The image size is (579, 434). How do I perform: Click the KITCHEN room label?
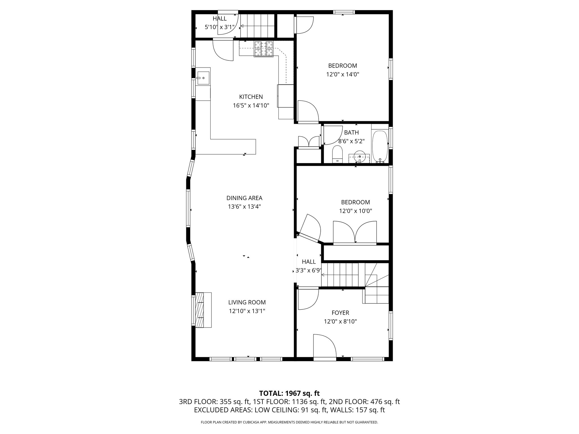(x=251, y=97)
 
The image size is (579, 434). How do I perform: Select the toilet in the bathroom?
(x=337, y=155)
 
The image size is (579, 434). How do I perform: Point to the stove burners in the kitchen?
(x=264, y=49)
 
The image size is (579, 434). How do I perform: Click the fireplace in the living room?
(x=203, y=310)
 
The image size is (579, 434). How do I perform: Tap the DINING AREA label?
(x=244, y=198)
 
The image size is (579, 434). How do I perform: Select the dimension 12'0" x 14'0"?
(x=342, y=75)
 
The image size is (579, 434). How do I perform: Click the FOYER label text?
(x=340, y=313)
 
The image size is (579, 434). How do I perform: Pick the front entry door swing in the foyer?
(x=324, y=346)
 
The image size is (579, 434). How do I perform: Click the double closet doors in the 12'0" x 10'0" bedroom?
(x=355, y=233)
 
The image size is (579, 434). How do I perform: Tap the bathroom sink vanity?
(x=359, y=157)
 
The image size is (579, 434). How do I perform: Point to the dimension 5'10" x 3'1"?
(x=219, y=27)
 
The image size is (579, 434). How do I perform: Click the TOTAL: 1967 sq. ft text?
(x=289, y=393)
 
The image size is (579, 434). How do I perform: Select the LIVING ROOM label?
(x=247, y=302)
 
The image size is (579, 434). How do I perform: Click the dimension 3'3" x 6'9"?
(x=308, y=271)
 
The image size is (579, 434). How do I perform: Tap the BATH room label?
(x=351, y=133)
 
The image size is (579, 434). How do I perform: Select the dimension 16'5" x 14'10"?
(x=251, y=106)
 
